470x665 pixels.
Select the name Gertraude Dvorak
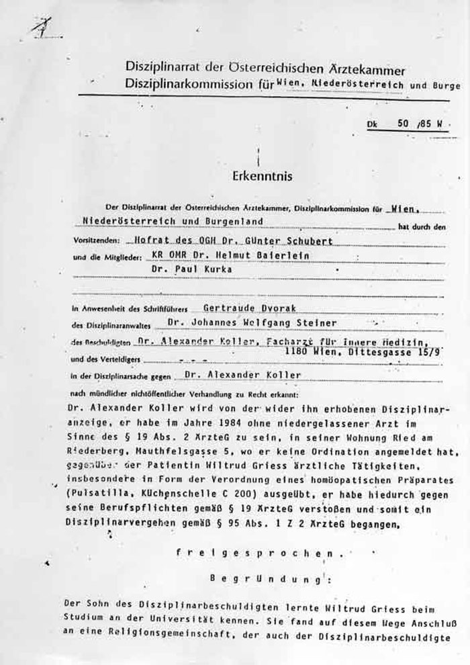(232, 309)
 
